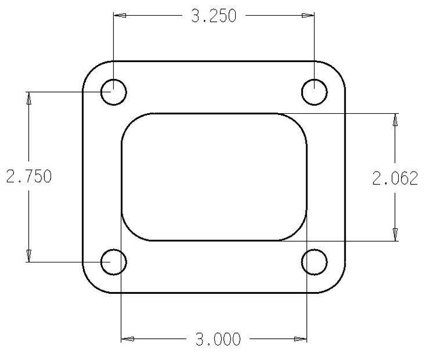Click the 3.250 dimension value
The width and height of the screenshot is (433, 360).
213,16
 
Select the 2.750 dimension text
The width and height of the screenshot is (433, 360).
29,176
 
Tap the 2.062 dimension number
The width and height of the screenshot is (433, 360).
395,178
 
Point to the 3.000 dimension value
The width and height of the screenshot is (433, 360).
218,339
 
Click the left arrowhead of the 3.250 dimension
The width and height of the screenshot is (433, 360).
120,16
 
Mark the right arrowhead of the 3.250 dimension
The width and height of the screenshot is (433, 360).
308,16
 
